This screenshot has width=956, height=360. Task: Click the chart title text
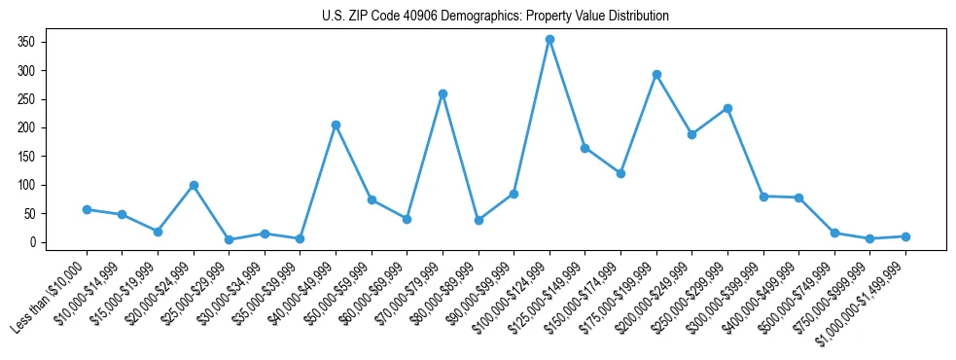pos(495,16)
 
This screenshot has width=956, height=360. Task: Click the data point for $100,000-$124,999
pos(549,40)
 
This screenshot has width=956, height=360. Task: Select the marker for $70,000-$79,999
pos(443,93)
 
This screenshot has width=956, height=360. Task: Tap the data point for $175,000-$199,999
pos(656,74)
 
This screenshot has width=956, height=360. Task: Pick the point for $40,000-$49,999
pos(336,125)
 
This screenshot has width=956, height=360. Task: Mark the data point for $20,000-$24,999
pos(194,185)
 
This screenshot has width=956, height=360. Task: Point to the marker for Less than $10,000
pos(87,209)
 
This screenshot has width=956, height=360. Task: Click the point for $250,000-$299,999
pos(727,108)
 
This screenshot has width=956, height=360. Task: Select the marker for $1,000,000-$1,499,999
pos(905,236)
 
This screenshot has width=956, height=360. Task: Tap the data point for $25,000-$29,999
pos(229,239)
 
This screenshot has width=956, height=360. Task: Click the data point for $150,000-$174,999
pos(620,173)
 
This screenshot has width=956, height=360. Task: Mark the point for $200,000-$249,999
pos(691,134)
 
